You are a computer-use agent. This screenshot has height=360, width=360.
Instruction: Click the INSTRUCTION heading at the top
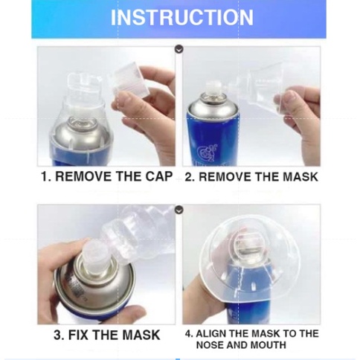coord(181,18)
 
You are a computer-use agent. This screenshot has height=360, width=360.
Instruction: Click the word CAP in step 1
coord(159,176)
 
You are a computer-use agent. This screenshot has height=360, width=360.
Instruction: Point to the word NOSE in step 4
coord(210,345)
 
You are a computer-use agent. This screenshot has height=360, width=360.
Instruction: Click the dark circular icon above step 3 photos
coord(179,210)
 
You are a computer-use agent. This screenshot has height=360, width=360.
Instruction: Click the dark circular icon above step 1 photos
coord(179,49)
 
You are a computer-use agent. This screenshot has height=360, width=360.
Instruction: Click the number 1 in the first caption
coord(45,177)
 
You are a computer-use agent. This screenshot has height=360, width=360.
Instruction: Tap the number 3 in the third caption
coord(58,335)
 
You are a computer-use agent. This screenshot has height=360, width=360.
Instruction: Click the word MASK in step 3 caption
coord(141,335)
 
